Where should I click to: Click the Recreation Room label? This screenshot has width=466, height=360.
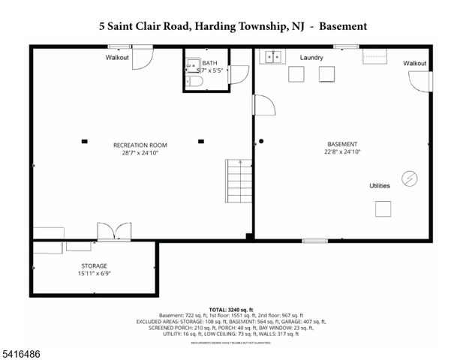coord(140,145)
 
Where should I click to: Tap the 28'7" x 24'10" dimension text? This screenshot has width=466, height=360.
coord(140,153)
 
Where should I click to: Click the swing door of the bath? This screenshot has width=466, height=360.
coord(239,73)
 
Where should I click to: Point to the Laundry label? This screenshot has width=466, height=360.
coord(311,58)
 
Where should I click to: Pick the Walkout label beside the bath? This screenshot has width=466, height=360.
coord(118,58)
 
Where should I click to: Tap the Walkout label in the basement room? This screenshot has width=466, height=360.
coord(414,64)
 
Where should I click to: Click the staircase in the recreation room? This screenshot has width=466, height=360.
coord(239,179)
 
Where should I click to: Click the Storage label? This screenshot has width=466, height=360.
coord(94,266)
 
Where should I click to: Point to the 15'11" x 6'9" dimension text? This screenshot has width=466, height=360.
coord(94,274)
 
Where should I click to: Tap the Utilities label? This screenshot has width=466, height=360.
coord(380,185)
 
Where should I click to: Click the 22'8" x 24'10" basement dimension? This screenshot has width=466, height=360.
coord(342,152)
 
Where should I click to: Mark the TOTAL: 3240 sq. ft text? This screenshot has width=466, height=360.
coord(230,309)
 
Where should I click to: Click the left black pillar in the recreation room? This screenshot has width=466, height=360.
coord(85,140)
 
